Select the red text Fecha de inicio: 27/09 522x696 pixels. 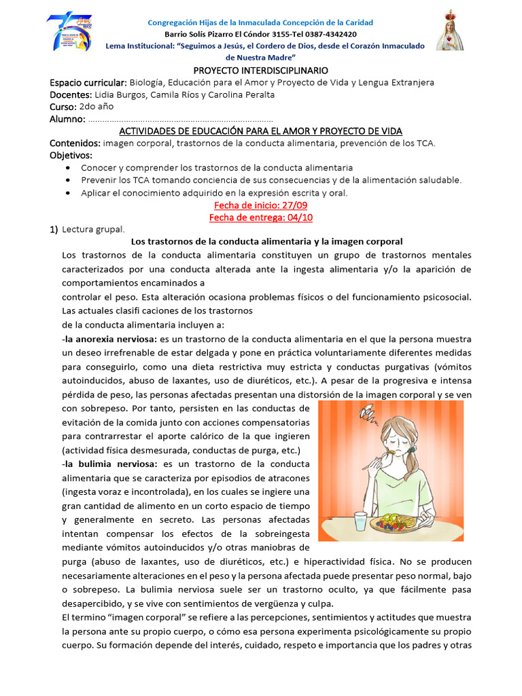(260, 205)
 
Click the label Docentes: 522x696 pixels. (71, 94)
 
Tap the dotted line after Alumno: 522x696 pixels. (181, 120)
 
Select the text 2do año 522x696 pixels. (97, 107)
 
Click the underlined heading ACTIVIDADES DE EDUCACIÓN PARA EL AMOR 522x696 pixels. (260, 131)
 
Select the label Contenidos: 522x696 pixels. (75, 143)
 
